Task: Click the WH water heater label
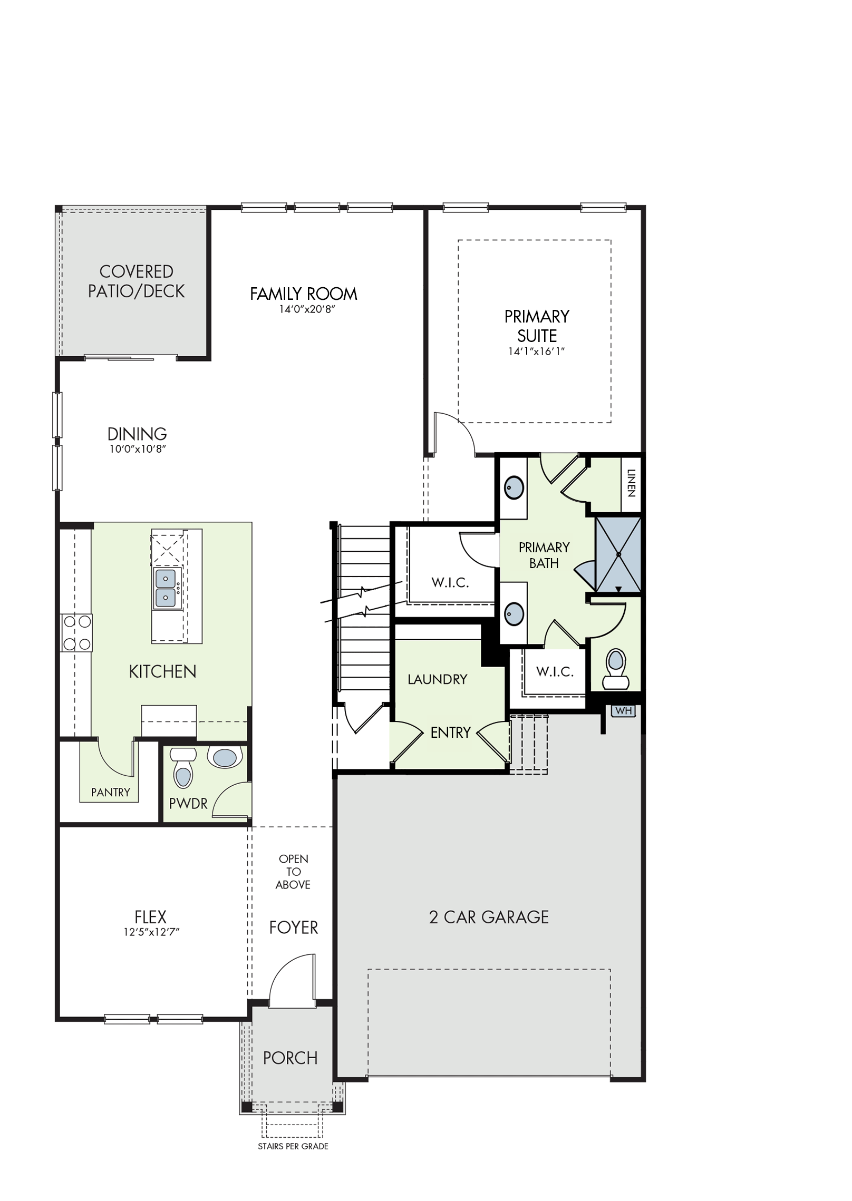623,711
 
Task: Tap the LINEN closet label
631,483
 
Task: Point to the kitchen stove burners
76,633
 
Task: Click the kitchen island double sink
167,588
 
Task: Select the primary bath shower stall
618,554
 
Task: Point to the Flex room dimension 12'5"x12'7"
152,932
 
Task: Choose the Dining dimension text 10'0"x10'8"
138,449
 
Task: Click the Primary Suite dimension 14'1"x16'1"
537,351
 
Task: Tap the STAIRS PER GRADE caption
293,1146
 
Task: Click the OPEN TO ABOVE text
294,872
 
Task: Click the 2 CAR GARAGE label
489,917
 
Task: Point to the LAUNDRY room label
438,679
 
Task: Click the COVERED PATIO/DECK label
136,281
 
